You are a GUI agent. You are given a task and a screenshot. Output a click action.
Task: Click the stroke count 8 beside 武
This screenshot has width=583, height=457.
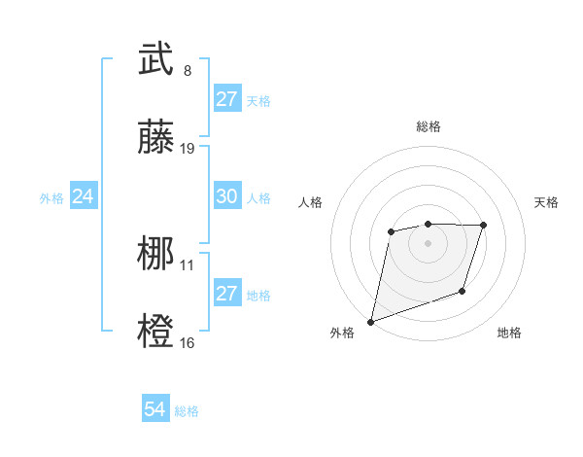188,70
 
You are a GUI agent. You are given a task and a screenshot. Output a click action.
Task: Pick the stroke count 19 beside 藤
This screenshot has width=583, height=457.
188,149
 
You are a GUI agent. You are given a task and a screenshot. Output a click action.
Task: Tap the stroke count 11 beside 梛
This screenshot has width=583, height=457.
188,264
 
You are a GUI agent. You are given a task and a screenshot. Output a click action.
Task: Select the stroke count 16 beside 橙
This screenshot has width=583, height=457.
188,342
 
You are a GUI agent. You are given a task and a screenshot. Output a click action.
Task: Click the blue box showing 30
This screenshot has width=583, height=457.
226,196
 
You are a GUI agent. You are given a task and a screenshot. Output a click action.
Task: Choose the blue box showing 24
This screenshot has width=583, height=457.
83,196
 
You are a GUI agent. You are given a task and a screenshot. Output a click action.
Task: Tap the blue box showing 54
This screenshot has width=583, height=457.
154,410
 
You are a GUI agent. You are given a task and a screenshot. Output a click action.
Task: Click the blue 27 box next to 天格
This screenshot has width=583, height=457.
226,99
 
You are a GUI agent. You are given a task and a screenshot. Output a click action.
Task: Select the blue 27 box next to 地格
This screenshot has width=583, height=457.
226,294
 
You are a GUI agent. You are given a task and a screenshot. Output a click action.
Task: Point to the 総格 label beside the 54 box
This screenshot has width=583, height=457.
187,411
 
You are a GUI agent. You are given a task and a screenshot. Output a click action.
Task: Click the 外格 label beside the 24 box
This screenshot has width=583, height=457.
51,197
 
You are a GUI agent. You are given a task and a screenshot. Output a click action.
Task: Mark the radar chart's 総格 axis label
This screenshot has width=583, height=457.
429,126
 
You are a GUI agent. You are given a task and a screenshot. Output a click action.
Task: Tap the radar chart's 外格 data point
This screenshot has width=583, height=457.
371,321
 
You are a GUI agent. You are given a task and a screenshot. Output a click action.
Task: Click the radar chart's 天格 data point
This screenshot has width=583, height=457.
483,225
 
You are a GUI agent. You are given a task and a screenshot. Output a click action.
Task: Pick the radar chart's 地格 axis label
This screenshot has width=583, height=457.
509,334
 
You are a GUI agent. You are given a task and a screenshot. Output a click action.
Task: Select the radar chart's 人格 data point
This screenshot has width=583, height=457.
391,231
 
